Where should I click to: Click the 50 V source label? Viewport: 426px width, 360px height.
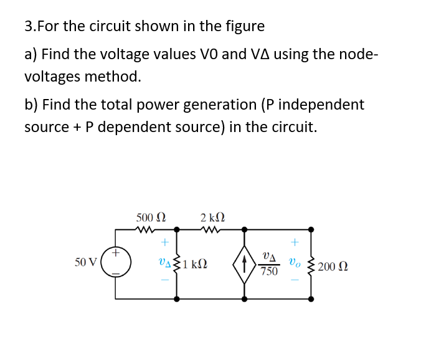point(85,262)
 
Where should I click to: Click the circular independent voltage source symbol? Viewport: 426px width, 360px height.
point(116,263)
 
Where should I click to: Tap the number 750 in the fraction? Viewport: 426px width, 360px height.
point(269,272)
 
